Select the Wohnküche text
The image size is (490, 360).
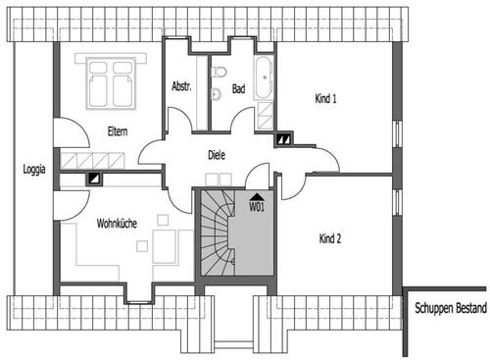pyautogui.click(x=116, y=224)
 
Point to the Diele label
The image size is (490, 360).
pyautogui.click(x=218, y=154)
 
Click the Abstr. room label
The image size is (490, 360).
pyautogui.click(x=180, y=87)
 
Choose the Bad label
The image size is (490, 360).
pyautogui.click(x=238, y=87)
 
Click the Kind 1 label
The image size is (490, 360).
pyautogui.click(x=326, y=98)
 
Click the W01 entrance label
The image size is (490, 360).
pyautogui.click(x=257, y=207)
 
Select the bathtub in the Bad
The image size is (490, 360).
pyautogui.click(x=265, y=78)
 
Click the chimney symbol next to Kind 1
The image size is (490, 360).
pyautogui.click(x=283, y=138)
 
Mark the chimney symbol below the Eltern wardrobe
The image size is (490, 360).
pyautogui.click(x=95, y=180)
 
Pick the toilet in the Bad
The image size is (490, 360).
pyautogui.click(x=220, y=75)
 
